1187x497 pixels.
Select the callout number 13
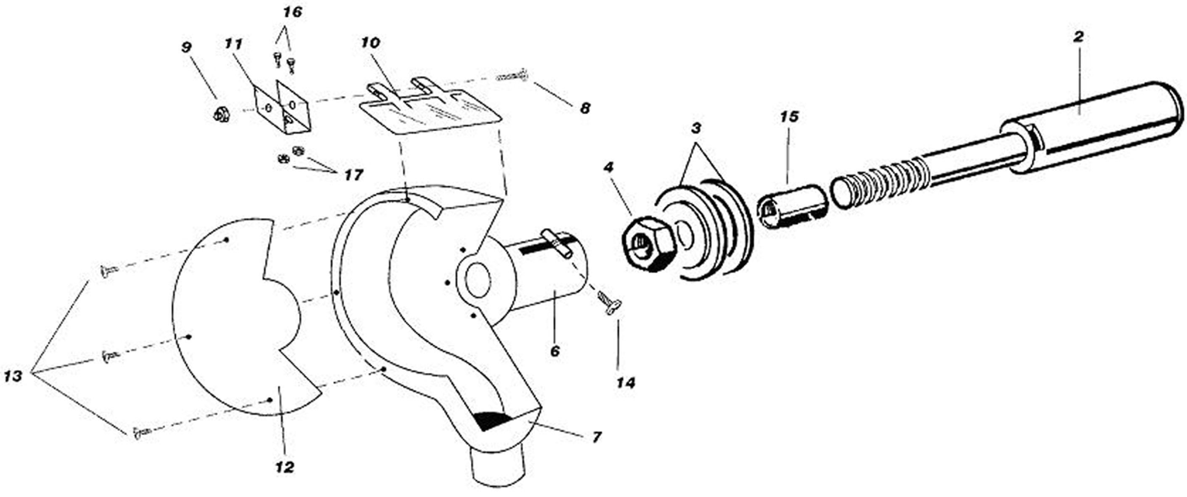[13, 377]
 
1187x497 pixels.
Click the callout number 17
[354, 175]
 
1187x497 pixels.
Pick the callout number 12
[285, 468]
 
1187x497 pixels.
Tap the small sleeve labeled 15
[793, 207]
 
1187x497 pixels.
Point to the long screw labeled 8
[511, 76]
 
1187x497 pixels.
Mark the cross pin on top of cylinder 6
[557, 243]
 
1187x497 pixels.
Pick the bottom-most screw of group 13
[141, 433]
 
